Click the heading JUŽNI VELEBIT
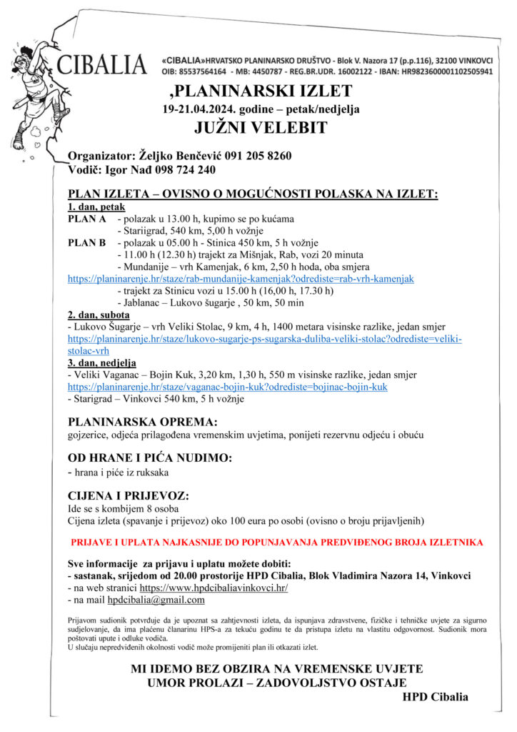(x=261, y=128)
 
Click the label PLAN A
(x=87, y=219)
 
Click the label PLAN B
(x=87, y=242)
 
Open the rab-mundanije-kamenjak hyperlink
(x=241, y=278)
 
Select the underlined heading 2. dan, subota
(x=99, y=315)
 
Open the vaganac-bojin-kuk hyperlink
(x=228, y=387)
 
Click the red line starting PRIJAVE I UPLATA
(x=276, y=543)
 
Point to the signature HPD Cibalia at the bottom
(x=436, y=697)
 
